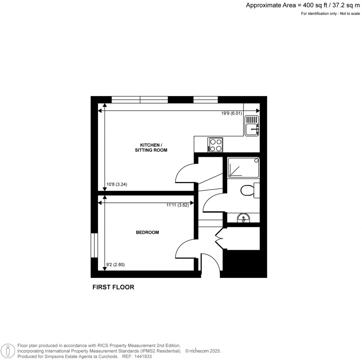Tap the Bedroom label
147,232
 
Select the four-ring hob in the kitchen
216,145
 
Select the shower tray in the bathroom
244,167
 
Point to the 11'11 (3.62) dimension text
179,205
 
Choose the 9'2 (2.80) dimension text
116,265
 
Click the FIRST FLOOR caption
113,287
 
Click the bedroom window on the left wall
94,245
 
